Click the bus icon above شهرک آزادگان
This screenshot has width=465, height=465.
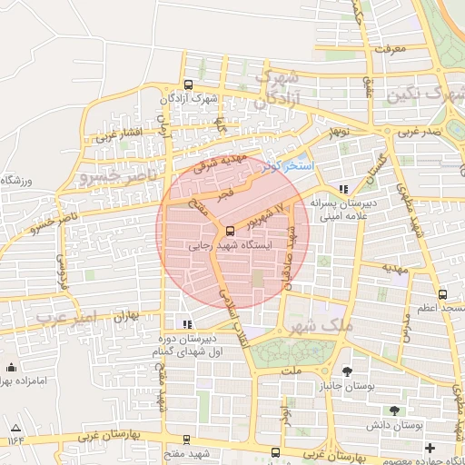pos(189,84)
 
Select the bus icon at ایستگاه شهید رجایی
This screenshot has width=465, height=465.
pos(229,231)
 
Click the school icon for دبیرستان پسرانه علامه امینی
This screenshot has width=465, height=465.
pos(342,189)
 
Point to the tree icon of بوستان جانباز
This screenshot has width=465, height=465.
pos(348,371)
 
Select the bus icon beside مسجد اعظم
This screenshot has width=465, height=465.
pos(442,294)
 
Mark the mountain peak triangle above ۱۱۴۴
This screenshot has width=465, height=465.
pos(15,427)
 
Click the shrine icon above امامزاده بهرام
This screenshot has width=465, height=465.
pos(11,368)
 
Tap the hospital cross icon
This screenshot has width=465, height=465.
pos(430,448)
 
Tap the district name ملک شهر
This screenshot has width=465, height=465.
pos(310,324)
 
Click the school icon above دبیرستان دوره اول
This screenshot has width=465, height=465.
pos(187,323)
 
